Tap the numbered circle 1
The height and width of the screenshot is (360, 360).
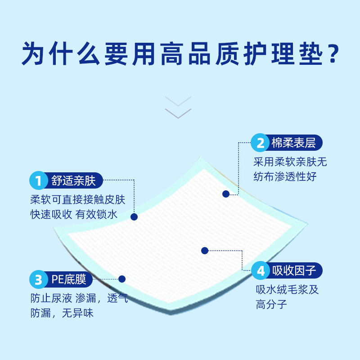pyautogui.click(x=38, y=181)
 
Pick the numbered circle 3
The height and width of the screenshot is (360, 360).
pyautogui.click(x=38, y=280)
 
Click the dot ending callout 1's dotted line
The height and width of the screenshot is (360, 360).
pyautogui.click(x=134, y=216)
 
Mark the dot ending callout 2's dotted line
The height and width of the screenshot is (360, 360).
pyautogui.click(x=226, y=194)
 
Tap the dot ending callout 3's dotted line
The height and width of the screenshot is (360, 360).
pyautogui.click(x=121, y=279)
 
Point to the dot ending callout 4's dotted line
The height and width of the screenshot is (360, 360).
pyautogui.click(x=205, y=250)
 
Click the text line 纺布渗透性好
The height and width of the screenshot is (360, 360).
pyautogui.click(x=285, y=176)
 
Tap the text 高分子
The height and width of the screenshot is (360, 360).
pyautogui.click(x=271, y=305)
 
